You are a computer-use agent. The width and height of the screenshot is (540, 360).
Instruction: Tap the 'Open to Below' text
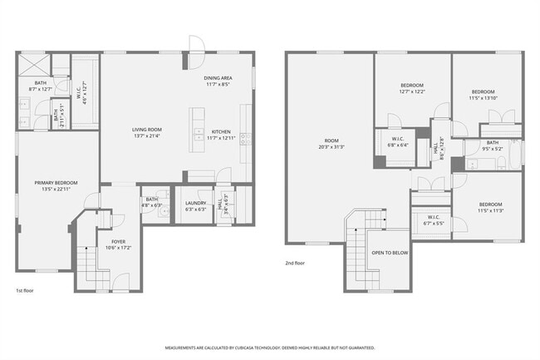click(x=389, y=253)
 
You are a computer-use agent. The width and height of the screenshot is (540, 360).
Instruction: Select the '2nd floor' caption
click(x=296, y=264)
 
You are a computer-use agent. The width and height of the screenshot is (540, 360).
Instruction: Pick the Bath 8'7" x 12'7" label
click(x=40, y=85)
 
